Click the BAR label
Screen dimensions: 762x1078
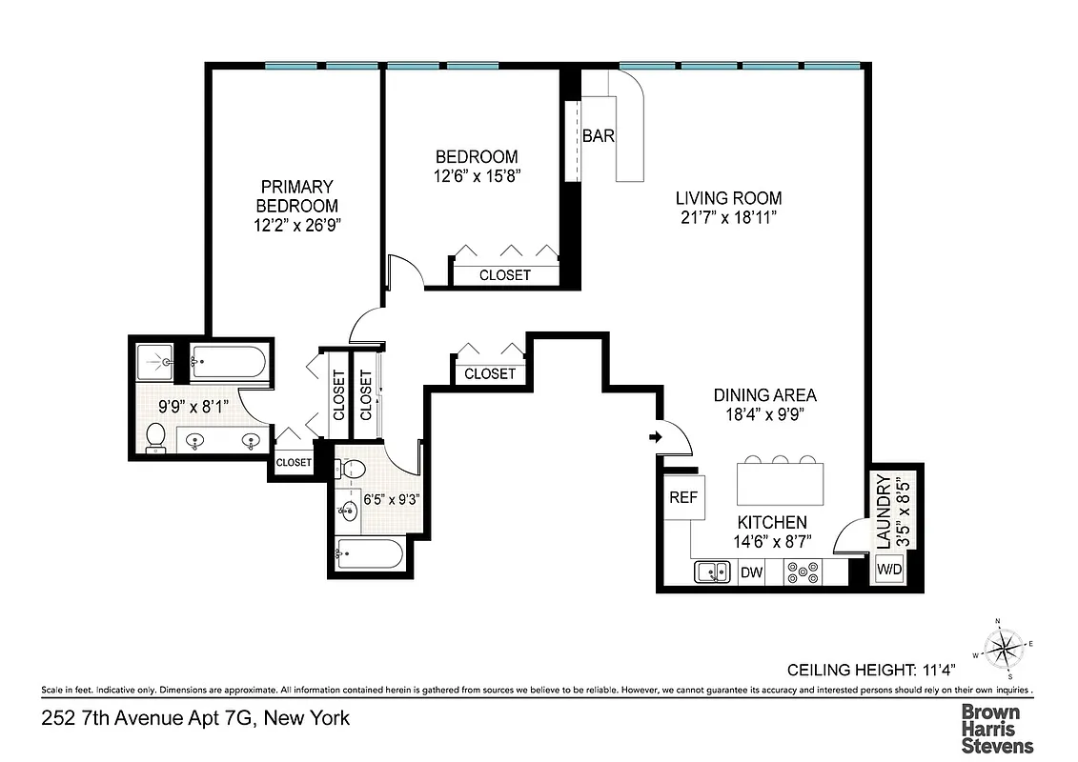click(599, 136)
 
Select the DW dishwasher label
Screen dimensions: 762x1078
click(751, 572)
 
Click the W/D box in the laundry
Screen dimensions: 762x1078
click(888, 570)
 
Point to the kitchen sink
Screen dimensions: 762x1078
click(710, 571)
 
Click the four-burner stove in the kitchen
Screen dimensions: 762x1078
click(801, 571)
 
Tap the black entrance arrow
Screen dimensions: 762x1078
click(656, 437)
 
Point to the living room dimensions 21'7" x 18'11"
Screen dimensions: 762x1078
click(728, 217)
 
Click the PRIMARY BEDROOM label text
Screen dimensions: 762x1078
click(297, 196)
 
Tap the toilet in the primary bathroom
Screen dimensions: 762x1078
click(156, 436)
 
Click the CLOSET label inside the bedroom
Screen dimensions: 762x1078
click(504, 275)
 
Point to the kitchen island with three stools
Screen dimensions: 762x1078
click(781, 484)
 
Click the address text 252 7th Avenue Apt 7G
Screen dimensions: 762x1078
click(194, 717)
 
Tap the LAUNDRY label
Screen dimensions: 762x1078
click(882, 511)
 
